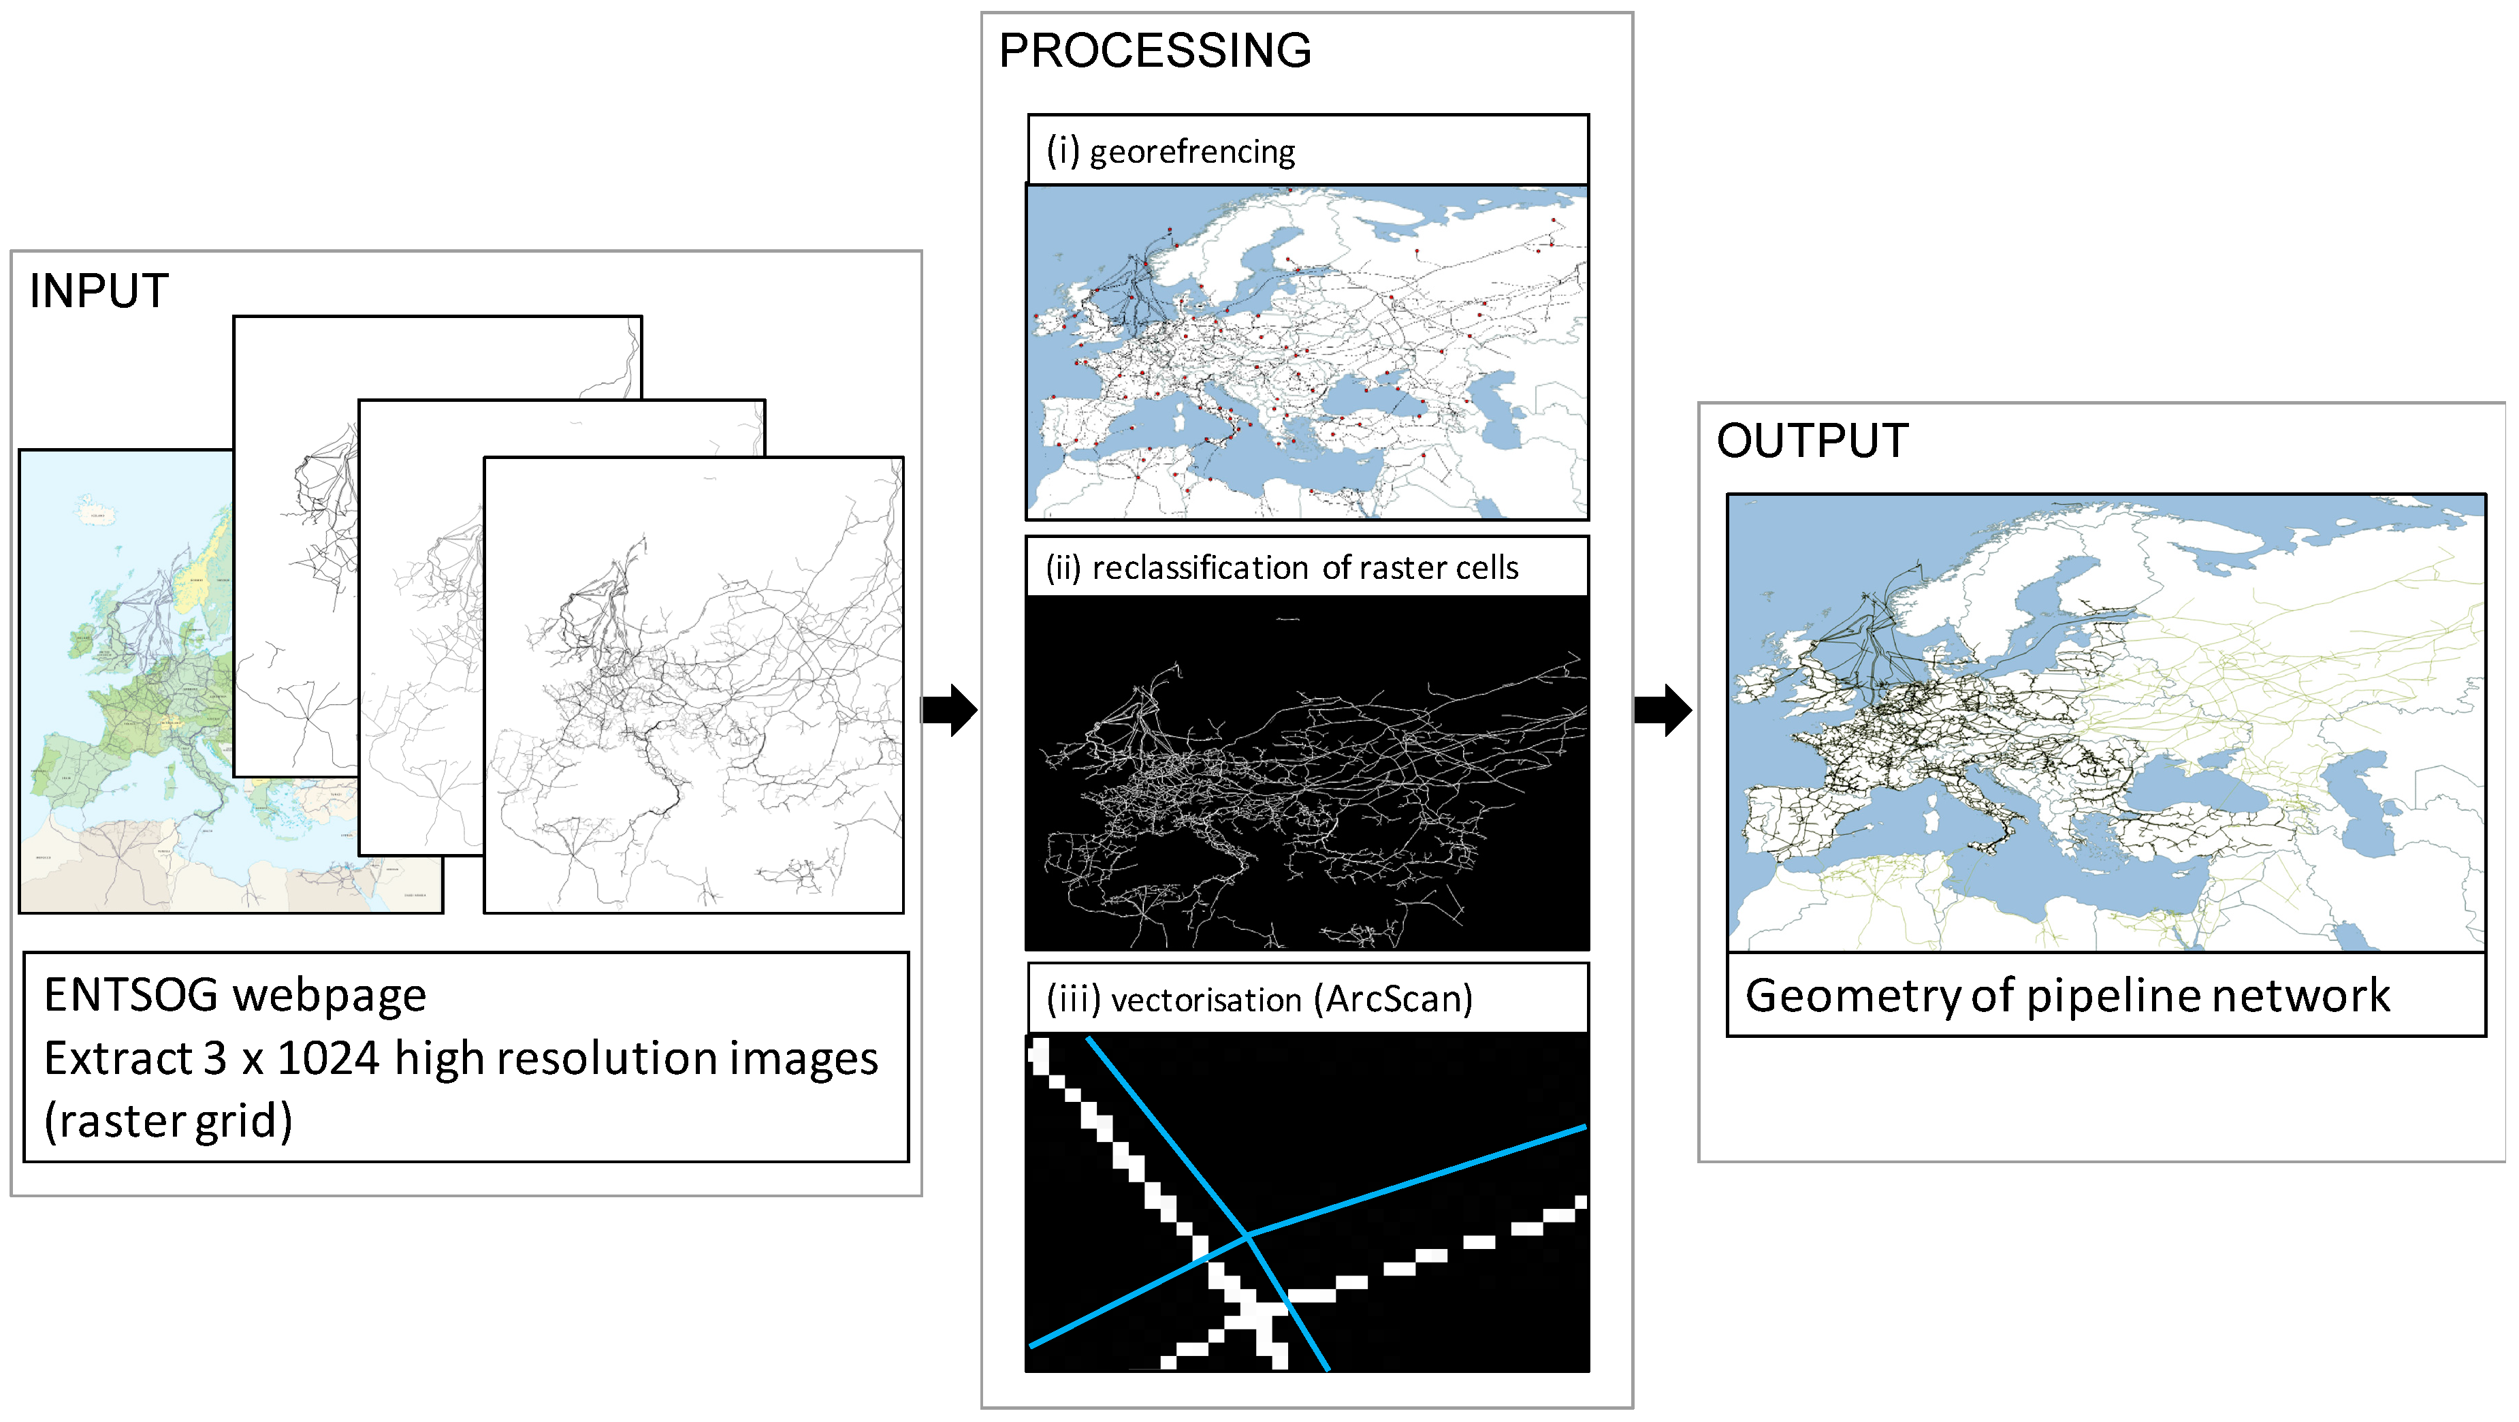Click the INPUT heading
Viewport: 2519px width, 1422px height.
[99, 291]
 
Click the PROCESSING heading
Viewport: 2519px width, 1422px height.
[1154, 51]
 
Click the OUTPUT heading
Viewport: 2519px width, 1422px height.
[1812, 441]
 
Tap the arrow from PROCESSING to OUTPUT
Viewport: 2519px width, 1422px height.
[1663, 709]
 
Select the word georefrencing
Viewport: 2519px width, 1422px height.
[1192, 153]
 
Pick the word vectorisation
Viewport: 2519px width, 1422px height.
[1205, 1000]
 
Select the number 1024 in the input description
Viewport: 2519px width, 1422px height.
[327, 1059]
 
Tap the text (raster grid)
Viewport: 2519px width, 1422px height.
[168, 1122]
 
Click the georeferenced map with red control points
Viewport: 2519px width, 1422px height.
[1306, 352]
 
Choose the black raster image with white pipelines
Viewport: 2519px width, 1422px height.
[1306, 772]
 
